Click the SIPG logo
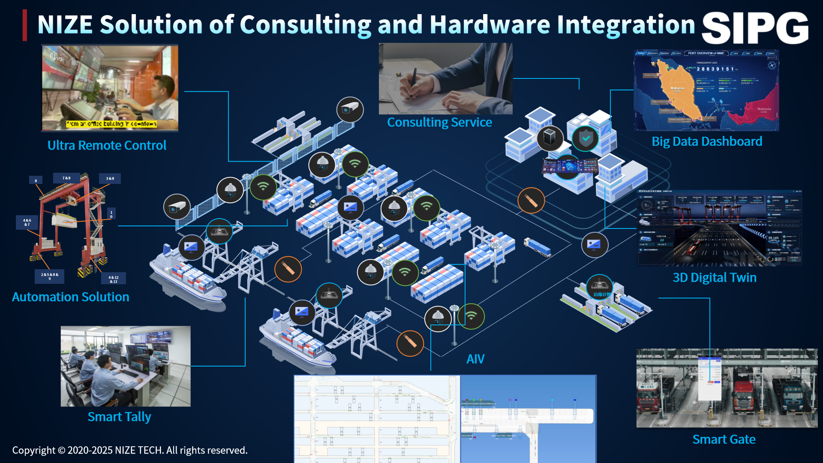point(755,28)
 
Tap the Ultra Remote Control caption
point(107,145)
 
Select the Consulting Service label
point(439,122)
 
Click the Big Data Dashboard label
point(707,141)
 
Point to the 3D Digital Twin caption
point(715,277)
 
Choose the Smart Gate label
point(724,439)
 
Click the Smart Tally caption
point(119,417)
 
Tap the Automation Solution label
point(70,297)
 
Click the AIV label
point(475,359)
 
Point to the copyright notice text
point(130,450)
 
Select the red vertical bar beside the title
point(25,25)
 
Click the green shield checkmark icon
point(586,138)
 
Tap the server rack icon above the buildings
point(550,138)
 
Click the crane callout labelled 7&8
point(66,178)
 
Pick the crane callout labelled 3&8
point(110,178)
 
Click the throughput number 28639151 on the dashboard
point(715,69)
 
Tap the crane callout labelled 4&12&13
point(114,279)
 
